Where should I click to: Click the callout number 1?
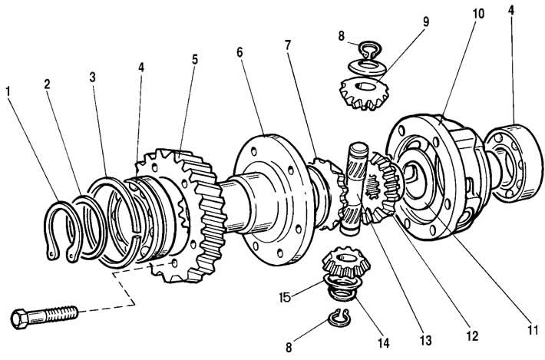click(8, 91)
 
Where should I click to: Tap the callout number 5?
click(195, 59)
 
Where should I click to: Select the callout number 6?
click(239, 52)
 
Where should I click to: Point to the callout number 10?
click(478, 14)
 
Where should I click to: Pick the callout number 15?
click(285, 298)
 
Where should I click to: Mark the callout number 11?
click(532, 329)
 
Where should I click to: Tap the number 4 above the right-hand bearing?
click(510, 10)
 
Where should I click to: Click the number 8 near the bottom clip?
click(289, 347)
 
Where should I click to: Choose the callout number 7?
click(287, 45)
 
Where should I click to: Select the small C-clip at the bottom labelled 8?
click(339, 318)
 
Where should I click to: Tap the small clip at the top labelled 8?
click(370, 51)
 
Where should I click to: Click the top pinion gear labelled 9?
click(364, 93)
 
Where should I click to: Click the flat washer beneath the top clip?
click(367, 68)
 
